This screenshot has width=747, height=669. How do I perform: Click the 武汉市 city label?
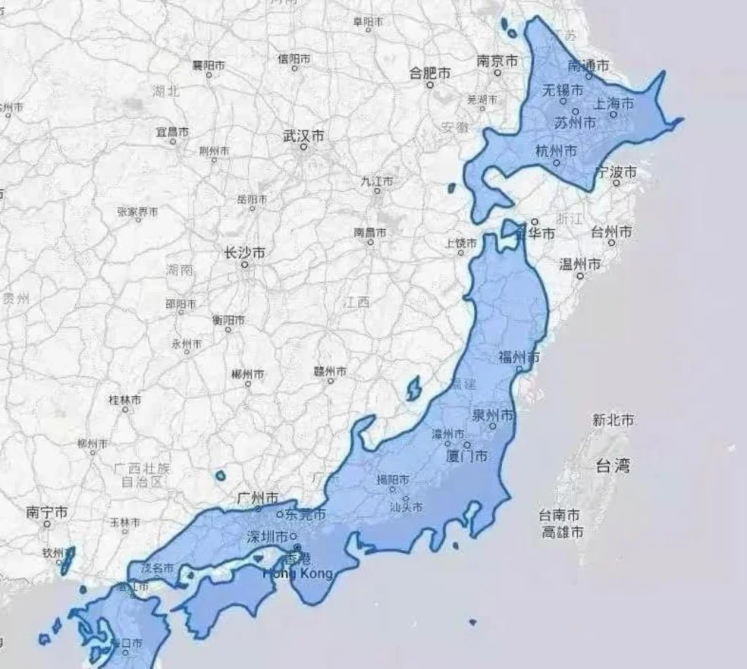click(x=303, y=136)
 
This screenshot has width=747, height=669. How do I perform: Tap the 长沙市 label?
click(x=244, y=253)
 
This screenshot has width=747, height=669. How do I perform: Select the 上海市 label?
click(x=616, y=104)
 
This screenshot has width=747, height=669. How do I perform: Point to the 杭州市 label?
click(x=556, y=151)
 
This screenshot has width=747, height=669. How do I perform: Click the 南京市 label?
click(x=498, y=61)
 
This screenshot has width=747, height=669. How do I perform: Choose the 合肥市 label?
click(x=430, y=73)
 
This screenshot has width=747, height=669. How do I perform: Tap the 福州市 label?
click(x=519, y=357)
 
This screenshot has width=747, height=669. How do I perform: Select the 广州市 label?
click(x=258, y=498)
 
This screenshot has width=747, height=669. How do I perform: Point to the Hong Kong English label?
click(x=301, y=573)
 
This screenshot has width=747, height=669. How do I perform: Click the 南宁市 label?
click(x=47, y=513)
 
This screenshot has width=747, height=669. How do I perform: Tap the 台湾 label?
click(x=613, y=465)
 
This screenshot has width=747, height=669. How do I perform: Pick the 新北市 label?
click(x=613, y=420)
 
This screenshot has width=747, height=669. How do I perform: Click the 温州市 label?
click(x=580, y=264)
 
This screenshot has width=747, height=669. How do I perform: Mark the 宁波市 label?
click(x=616, y=172)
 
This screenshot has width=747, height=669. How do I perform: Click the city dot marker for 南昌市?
click(x=371, y=242)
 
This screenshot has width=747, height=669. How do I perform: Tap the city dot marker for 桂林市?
click(x=125, y=409)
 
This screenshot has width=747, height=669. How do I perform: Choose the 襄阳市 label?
click(x=208, y=66)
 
